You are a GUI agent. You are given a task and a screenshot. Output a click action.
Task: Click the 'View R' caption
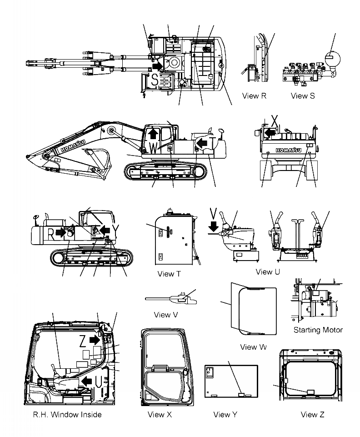tap(254, 95)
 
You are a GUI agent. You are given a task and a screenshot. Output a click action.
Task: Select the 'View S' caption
tap(302, 95)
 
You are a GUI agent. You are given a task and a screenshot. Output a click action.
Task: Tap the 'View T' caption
tap(169, 274)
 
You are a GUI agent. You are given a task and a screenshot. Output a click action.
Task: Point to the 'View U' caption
tap(268, 272)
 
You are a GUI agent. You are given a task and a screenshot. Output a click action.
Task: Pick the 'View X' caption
tap(160, 414)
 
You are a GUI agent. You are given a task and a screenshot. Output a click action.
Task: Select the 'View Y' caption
tap(225, 414)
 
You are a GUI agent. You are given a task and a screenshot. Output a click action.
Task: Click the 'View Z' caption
tap(313, 414)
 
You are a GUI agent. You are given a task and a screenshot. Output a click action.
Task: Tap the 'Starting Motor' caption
tap(318, 330)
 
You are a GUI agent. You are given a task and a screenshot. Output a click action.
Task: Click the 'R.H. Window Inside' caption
tap(67, 414)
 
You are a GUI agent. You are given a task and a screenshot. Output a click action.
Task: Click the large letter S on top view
tap(155, 80)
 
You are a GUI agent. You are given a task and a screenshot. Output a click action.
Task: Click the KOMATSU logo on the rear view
tap(286, 148)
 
